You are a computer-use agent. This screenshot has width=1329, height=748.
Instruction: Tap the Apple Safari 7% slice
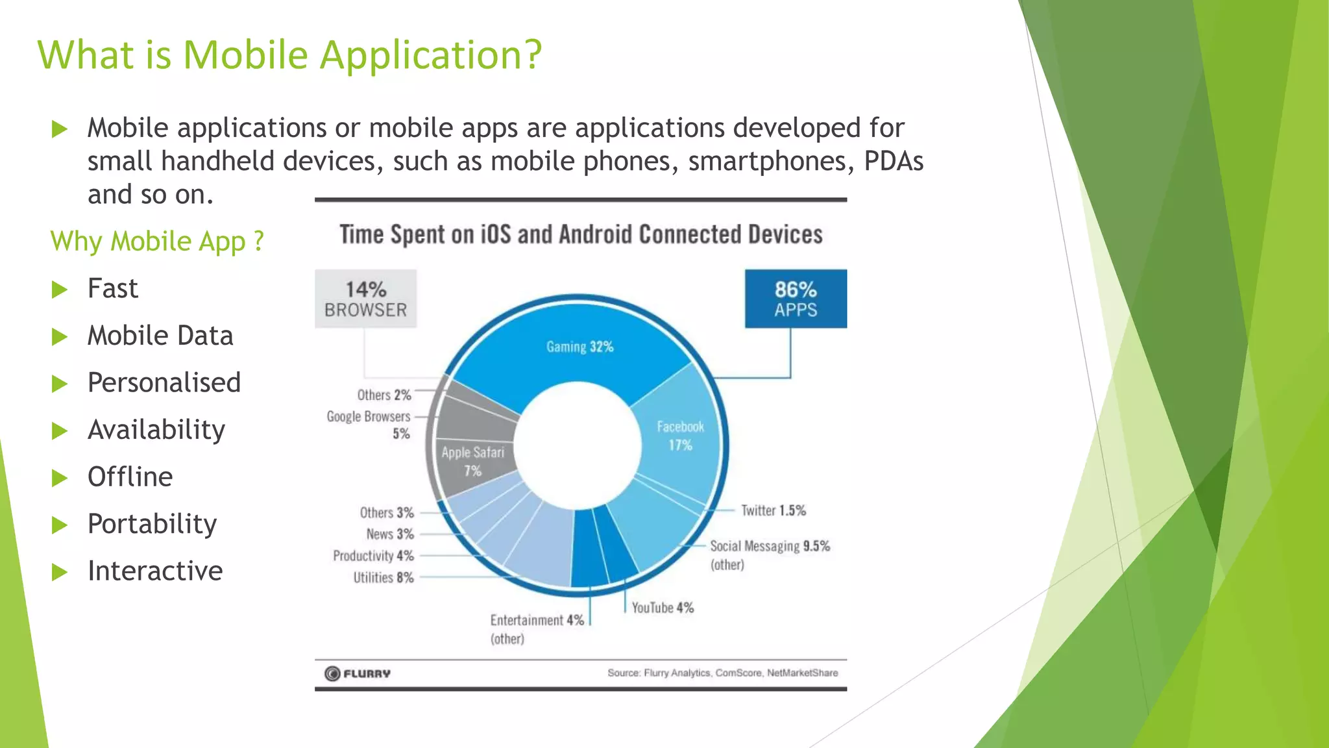pos(472,461)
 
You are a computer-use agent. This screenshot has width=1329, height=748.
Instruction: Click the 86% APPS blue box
pos(796,299)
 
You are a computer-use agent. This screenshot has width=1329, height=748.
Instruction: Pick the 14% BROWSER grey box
pos(365,299)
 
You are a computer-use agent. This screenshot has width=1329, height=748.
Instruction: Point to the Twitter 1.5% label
pos(773,510)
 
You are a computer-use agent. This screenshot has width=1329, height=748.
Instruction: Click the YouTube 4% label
pos(662,608)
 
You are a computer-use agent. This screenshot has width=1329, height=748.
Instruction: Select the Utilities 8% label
pos(383,577)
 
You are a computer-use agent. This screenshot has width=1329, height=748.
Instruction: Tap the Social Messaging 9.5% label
pos(769,546)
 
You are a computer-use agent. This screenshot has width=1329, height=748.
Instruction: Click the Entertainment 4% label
pos(537,621)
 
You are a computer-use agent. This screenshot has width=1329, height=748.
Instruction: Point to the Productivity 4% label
pos(373,556)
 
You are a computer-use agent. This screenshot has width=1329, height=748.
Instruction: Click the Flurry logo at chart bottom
pos(358,673)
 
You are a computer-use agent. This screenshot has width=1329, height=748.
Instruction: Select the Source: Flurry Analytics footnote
pos(722,673)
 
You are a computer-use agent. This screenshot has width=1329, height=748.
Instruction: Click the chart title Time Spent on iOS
pos(581,234)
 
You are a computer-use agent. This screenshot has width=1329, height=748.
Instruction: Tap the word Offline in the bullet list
pos(130,477)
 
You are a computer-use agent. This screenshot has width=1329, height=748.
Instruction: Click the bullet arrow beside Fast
pos(60,289)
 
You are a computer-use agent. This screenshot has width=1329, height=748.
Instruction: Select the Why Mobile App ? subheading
pos(157,241)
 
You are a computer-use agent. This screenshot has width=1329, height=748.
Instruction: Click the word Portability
pos(152,524)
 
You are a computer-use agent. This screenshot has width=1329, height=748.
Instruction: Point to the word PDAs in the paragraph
pos(893,161)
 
